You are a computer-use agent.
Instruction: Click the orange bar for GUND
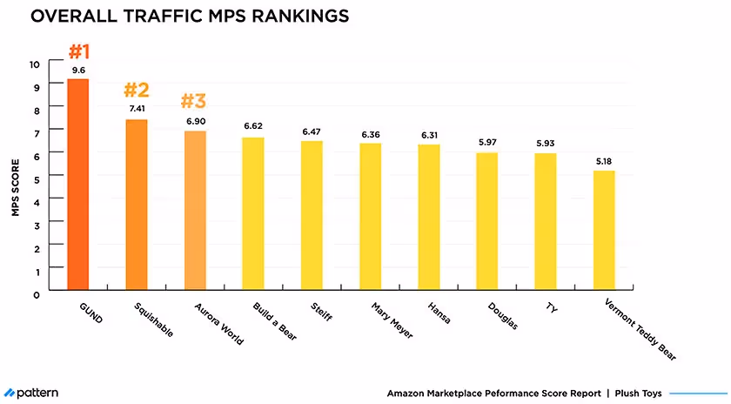[78, 185]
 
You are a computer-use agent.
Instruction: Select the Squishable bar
[137, 205]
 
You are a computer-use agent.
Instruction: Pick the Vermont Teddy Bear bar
[604, 230]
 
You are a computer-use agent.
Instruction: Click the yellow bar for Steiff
[312, 215]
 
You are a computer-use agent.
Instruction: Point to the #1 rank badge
[78, 49]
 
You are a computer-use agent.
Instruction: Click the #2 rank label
[137, 89]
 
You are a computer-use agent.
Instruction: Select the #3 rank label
[195, 100]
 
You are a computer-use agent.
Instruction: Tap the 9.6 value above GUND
[78, 70]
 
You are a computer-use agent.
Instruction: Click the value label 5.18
[604, 160]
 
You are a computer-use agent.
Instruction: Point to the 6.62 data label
[253, 126]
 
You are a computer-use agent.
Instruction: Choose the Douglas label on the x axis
[503, 316]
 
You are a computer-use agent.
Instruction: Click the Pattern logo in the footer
[31, 393]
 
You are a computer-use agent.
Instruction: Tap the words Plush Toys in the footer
[638, 394]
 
